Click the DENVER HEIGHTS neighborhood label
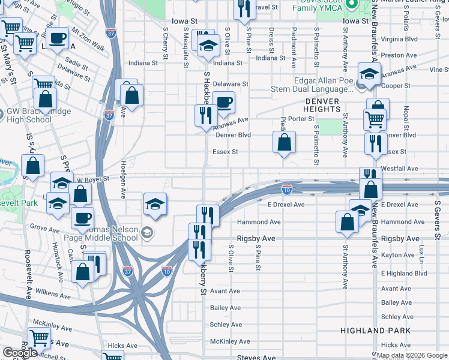322,106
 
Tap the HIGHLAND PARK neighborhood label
375,331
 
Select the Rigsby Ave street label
256,239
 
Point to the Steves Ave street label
256,358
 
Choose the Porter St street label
301,119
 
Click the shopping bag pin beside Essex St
285,143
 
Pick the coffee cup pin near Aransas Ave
223,103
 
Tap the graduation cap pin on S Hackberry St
208,46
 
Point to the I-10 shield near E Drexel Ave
287,190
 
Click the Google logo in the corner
20,353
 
